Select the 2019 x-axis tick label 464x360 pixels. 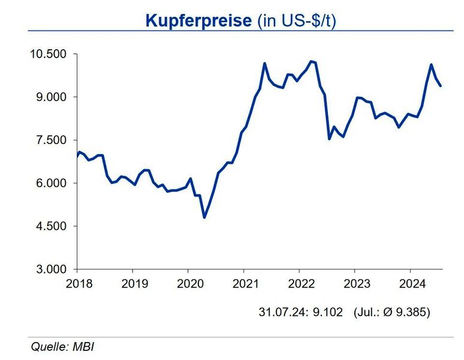point(134,283)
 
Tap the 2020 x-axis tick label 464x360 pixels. point(189,283)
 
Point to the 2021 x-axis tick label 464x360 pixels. point(245,283)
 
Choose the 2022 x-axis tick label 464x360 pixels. point(300,283)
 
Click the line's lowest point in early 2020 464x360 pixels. point(204,217)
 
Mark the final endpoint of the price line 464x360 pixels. point(441,86)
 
